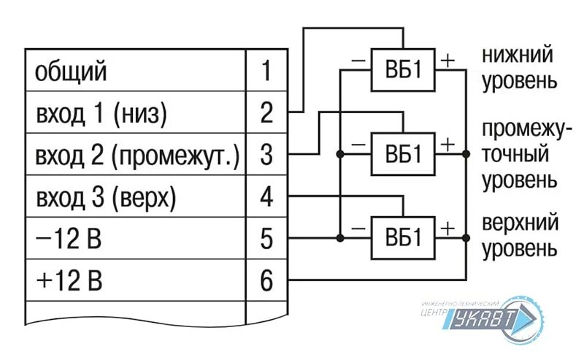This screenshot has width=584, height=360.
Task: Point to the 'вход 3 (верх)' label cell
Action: coord(107,196)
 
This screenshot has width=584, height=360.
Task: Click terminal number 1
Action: coord(266,72)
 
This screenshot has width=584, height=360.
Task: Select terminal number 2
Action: coord(266,113)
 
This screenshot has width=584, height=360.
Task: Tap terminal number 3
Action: coord(266,155)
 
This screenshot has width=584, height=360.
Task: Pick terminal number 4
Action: coord(266,196)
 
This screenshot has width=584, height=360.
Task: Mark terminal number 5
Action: coord(266,238)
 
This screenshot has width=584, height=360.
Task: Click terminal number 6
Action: coord(266,279)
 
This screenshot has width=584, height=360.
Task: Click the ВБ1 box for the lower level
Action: coord(403,70)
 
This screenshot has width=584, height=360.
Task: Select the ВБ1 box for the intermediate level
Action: coord(403,154)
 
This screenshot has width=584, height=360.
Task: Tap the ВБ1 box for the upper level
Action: coord(403,237)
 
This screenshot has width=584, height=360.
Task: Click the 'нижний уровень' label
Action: coord(517,66)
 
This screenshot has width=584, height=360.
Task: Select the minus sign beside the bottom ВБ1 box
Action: coord(358,227)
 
